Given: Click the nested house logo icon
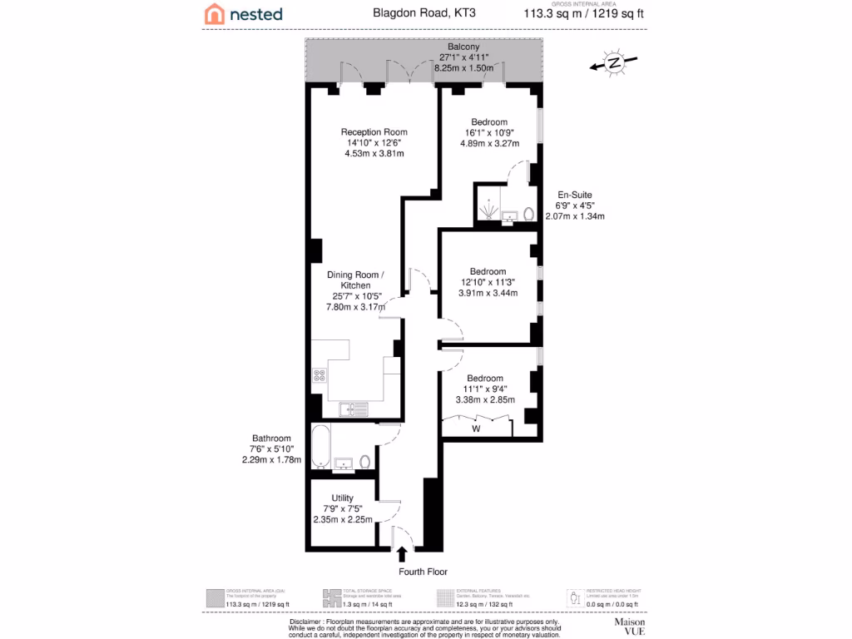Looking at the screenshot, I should point(215,13).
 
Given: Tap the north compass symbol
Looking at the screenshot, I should point(613,62).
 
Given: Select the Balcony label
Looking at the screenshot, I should point(463,47).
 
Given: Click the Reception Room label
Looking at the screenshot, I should point(374,131).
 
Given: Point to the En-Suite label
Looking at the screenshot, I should point(574,195).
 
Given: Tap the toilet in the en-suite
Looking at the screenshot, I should point(528,214).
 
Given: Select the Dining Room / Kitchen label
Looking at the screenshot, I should point(354,280).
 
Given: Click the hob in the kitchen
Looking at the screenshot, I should point(318,375).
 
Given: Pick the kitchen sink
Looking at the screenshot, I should point(353,409).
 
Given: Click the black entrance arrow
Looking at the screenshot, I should point(403,553).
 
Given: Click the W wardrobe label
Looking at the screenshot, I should point(477,429).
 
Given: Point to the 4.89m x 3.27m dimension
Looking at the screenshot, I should point(489,143).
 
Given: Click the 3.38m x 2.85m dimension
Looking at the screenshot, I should point(485,399).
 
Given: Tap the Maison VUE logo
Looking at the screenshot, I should point(630,626).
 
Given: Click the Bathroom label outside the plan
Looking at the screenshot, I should point(271,438).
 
